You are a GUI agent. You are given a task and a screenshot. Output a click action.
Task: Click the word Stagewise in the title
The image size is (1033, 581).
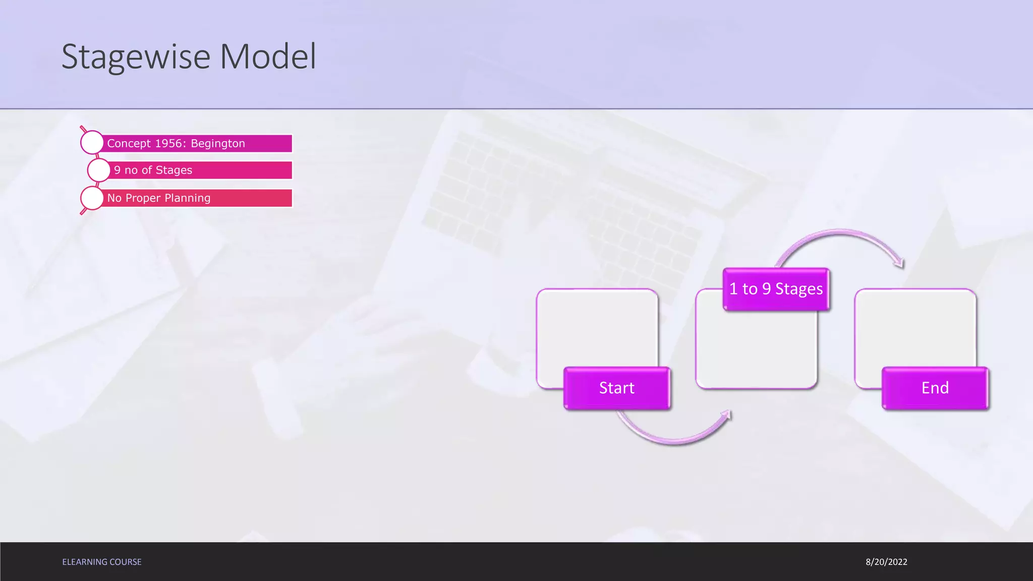[x=136, y=56]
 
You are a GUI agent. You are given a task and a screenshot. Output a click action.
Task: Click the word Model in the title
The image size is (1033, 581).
[x=268, y=56]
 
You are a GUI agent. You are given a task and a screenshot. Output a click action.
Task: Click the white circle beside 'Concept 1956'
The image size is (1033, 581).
[x=92, y=143]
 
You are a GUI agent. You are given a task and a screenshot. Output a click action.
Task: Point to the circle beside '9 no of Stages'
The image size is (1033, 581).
[x=99, y=170]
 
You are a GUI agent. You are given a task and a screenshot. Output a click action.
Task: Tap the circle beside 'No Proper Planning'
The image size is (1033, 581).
[x=92, y=198]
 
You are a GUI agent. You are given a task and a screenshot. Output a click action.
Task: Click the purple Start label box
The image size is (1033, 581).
[x=617, y=388]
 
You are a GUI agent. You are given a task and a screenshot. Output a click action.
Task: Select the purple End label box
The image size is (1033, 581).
[x=935, y=388]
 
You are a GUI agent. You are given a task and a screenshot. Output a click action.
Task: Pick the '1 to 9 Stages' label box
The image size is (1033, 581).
[x=776, y=289]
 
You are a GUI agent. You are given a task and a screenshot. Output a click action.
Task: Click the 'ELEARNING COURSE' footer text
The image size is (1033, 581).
[x=102, y=562]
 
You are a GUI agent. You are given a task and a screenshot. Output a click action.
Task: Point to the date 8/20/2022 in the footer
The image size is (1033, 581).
[x=886, y=562]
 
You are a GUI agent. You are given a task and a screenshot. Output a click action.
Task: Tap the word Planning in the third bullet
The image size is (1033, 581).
[x=187, y=198]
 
